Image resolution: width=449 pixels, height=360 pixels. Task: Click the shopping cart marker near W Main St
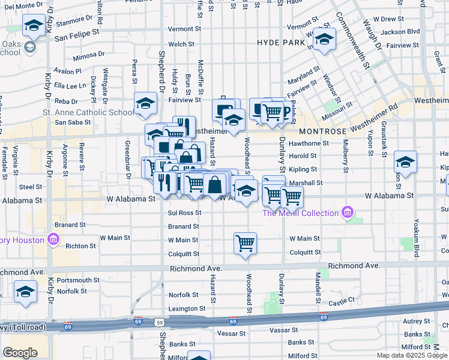click(245, 244)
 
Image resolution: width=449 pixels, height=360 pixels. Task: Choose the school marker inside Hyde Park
click(325, 40)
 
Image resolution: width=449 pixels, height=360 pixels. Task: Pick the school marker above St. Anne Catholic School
click(145, 104)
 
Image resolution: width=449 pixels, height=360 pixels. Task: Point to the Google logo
click(20, 353)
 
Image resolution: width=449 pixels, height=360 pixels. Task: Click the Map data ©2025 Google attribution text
click(412, 355)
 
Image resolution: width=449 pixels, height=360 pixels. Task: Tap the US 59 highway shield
click(161, 322)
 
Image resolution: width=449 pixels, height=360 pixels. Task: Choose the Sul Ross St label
click(184, 213)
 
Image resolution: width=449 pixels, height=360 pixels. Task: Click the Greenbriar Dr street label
click(127, 160)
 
